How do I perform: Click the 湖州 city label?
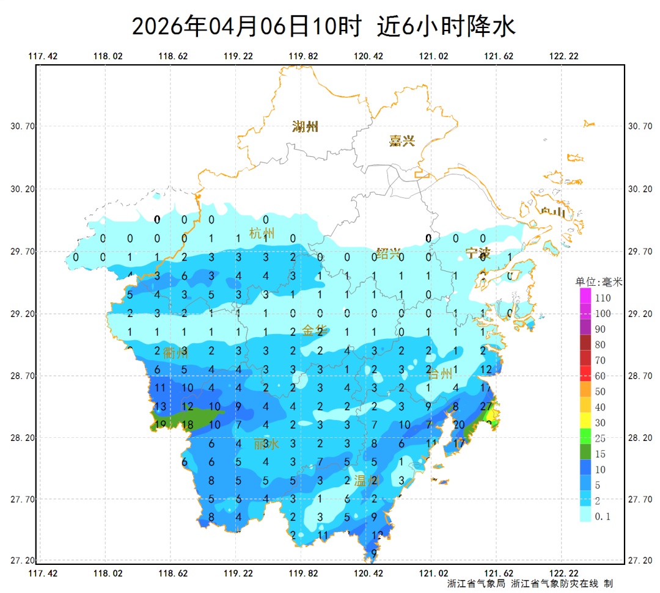tap(305, 127)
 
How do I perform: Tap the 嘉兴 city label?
tap(402, 141)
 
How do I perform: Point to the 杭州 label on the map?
tap(262, 233)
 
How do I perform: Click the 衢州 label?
tap(175, 352)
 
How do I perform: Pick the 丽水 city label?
tap(266, 444)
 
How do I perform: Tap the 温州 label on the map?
tap(367, 481)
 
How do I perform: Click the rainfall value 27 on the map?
tap(487, 407)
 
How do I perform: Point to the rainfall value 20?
tap(460, 425)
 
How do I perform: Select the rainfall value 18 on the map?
tap(187, 425)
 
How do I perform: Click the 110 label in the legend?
tap(603, 298)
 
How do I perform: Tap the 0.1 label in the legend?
tap(603, 517)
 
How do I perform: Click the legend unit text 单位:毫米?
tap(599, 282)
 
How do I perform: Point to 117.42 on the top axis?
tap(43, 56)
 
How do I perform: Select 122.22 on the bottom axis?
tap(563, 573)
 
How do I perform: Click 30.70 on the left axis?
tap(23, 126)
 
